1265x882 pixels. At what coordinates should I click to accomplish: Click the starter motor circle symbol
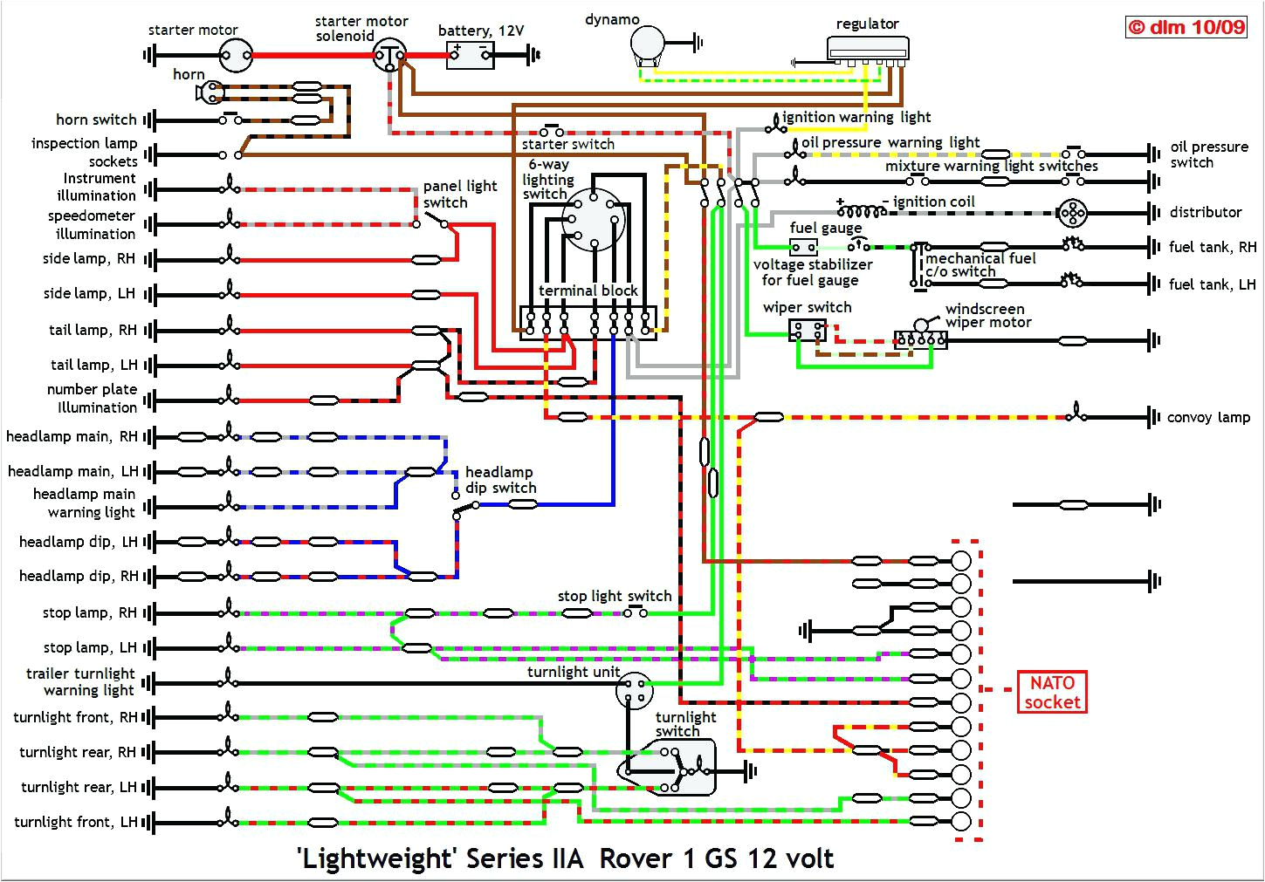234,56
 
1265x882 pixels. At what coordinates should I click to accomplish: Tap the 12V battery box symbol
470,56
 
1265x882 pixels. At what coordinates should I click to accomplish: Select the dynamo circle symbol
648,41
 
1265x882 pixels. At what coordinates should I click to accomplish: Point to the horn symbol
211,92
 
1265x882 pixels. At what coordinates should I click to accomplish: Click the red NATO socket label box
1052,693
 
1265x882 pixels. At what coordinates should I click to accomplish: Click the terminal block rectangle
588,321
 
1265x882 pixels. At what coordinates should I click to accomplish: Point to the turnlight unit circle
635,692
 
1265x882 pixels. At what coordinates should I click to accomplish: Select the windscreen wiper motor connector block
920,339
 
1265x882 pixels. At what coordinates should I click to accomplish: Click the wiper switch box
808,330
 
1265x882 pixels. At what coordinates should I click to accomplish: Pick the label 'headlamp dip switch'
500,480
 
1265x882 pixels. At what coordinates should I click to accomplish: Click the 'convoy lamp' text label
1208,417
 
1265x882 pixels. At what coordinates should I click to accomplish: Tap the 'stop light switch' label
615,596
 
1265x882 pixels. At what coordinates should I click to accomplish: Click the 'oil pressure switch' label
1209,154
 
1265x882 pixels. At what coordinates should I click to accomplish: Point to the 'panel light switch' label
459,194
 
